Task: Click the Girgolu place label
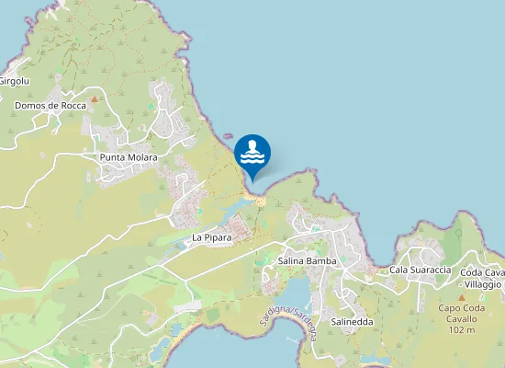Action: [14, 81]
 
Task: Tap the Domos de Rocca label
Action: [50, 106]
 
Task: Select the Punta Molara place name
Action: [129, 157]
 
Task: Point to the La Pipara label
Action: [211, 237]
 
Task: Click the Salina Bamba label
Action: [307, 261]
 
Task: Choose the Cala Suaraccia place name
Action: [420, 270]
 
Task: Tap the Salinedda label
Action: [351, 322]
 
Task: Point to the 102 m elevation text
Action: [462, 330]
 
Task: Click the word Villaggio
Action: [480, 285]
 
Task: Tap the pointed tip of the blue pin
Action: [252, 179]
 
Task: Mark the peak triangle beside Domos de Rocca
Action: [94, 98]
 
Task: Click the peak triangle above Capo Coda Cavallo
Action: [462, 297]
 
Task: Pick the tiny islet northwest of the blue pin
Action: [227, 137]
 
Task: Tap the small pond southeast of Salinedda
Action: [375, 360]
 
